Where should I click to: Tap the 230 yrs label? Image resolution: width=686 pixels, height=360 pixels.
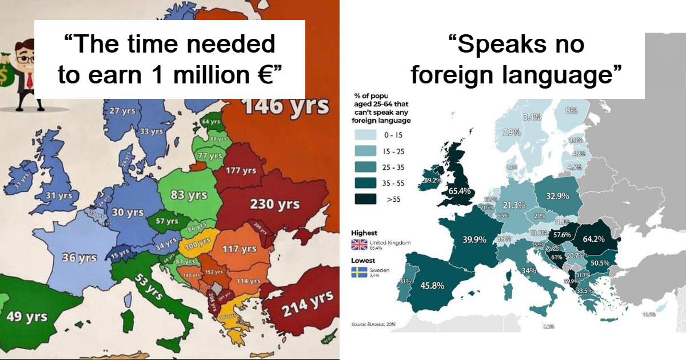[274, 205]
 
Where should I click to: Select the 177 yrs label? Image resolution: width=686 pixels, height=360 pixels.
[241, 170]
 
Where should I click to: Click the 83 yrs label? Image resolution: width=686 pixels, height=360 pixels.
[189, 195]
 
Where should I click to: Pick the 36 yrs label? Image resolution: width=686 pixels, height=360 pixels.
[79, 258]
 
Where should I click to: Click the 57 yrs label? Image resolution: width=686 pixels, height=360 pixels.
[167, 221]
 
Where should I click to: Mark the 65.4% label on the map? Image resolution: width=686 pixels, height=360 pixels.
[460, 190]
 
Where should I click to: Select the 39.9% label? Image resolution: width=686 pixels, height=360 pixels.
[474, 239]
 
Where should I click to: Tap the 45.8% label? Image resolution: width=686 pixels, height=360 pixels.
[432, 285]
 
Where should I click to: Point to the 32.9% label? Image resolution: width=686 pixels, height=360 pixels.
[557, 196]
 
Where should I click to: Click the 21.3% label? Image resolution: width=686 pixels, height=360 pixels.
[514, 205]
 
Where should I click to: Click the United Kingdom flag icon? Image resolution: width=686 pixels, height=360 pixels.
[359, 244]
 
